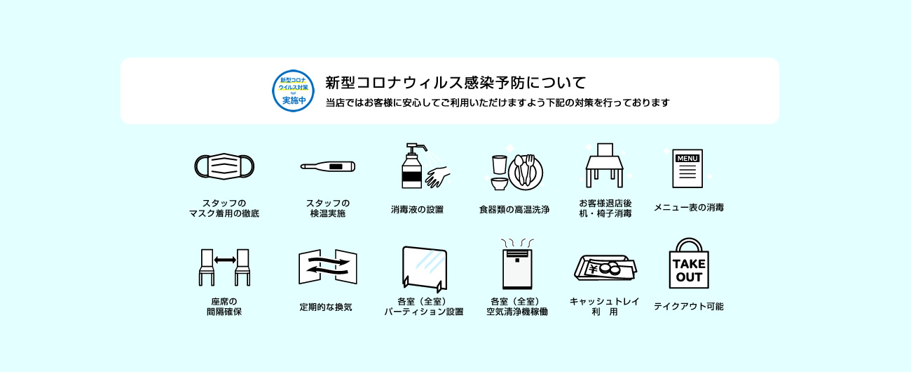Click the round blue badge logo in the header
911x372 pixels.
[293, 91]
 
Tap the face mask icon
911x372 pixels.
[224, 166]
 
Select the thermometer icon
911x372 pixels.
[328, 166]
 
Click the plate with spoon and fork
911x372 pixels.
[526, 173]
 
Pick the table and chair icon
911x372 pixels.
[605, 165]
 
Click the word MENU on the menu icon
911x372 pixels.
[687, 158]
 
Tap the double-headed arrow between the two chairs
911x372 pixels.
[225, 260]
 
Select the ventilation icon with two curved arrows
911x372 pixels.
[328, 267]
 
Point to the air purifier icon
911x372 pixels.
[517, 265]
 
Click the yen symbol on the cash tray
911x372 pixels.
[593, 269]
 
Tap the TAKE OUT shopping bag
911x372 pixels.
[689, 264]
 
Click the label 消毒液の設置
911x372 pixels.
[417, 209]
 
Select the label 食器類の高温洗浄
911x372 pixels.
[514, 209]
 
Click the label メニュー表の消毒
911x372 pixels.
[689, 207]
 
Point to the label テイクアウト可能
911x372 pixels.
[689, 307]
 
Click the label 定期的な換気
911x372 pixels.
[326, 307]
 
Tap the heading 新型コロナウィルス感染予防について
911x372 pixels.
[455, 83]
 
